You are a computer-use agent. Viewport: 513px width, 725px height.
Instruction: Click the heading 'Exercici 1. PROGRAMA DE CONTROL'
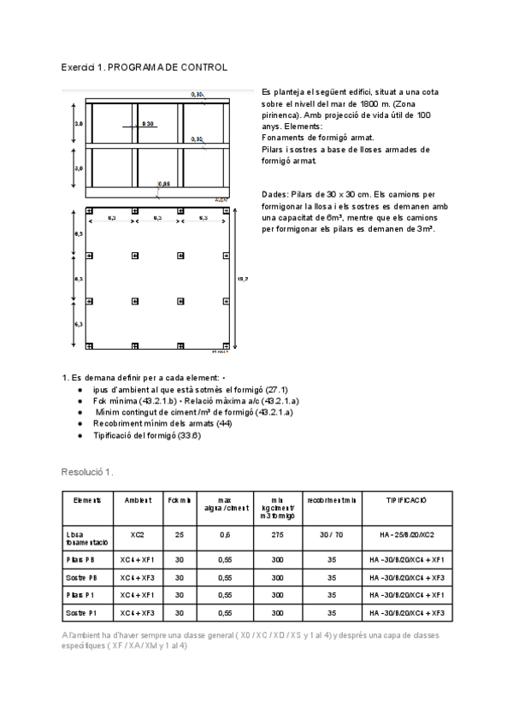point(144,67)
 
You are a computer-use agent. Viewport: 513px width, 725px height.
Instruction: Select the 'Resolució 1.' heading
point(87,471)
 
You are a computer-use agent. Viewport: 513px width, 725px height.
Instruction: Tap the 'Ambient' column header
point(138,499)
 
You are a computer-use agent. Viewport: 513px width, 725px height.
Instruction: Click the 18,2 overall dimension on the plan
point(241,278)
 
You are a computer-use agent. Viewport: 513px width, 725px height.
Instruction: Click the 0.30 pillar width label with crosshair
point(147,125)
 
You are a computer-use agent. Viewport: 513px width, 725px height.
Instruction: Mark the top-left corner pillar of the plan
point(89,211)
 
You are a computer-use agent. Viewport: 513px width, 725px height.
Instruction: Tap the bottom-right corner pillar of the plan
point(225,346)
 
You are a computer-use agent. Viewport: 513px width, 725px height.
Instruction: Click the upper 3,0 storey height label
point(79,125)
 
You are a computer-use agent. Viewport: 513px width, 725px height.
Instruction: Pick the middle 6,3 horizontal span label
point(157,219)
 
